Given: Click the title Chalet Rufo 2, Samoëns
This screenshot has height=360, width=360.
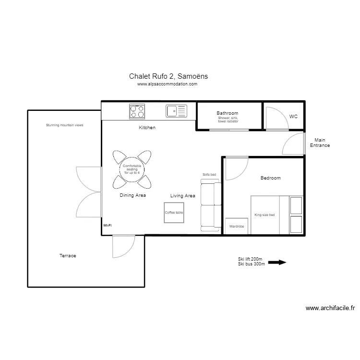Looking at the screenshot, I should pos(168,76).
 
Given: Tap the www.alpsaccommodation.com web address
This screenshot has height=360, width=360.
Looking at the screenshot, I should pos(167,84).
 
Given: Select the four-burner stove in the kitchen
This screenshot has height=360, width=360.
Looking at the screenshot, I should pos(137,111).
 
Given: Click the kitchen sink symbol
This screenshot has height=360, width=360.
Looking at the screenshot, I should pos(177,111).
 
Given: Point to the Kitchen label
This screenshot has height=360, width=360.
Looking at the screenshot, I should pos(147,128).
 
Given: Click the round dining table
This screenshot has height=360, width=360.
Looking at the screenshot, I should pos(132,168).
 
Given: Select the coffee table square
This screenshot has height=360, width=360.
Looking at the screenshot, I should pos(174,212).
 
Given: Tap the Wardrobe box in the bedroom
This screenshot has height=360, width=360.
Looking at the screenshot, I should pos(237,226).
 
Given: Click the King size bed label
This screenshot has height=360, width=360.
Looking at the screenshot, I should pos(264,215).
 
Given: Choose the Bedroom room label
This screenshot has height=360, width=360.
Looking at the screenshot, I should pos(270,178).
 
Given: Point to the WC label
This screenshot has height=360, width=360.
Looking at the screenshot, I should pos(293,117).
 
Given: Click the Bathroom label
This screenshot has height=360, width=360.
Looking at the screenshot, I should pos(227,114).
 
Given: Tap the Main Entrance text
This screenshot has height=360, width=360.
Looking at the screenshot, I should pos(320,143).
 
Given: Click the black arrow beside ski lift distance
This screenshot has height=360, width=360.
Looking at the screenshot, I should pos(277,262).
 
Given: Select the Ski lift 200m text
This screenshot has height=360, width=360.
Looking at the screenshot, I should pos(251,259).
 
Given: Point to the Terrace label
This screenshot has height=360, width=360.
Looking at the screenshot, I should pos(68,256).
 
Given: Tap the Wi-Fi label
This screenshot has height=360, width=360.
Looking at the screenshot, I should pos(107,225).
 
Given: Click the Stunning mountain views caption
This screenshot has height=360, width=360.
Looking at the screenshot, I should pos(64,125).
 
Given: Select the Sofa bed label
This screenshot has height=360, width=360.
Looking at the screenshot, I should pos(209,175).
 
